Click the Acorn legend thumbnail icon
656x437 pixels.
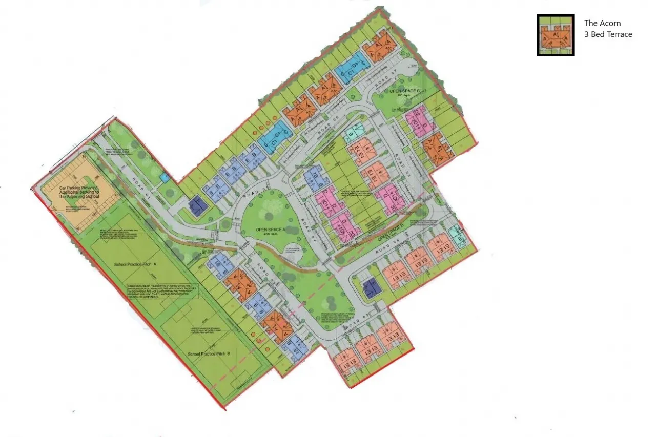[555, 35]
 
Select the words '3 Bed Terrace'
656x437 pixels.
[608, 34]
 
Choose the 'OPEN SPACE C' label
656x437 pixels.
[404, 91]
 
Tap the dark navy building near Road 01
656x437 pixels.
[197, 206]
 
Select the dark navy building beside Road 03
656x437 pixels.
[372, 289]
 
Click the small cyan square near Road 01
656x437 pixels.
[164, 177]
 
